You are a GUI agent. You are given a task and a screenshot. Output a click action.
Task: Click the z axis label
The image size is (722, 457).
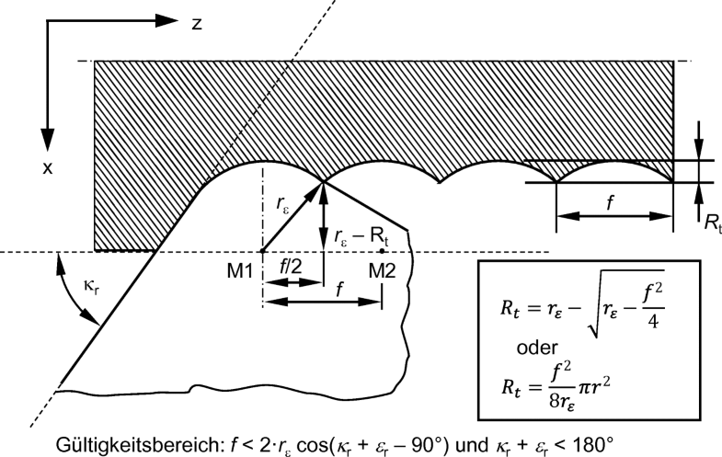[x=197, y=24]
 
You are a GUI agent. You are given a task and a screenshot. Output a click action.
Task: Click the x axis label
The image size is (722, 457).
[x=48, y=168]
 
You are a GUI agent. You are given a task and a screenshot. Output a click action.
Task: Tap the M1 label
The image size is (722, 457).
[x=240, y=271]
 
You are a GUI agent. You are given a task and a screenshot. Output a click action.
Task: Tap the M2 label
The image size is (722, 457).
[x=383, y=271]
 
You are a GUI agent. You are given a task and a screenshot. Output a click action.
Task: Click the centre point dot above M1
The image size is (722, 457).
[x=262, y=251]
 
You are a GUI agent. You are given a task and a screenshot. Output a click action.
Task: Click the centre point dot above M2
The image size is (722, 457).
[x=382, y=251]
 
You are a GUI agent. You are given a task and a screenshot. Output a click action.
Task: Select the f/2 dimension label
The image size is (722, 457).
[x=291, y=266]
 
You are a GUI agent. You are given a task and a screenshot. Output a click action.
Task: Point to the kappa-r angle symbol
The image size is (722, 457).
[x=91, y=287]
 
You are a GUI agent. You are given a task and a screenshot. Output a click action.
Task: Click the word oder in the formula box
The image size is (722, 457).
[x=537, y=348]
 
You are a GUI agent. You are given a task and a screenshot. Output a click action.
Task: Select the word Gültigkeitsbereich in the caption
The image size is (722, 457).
[x=141, y=445]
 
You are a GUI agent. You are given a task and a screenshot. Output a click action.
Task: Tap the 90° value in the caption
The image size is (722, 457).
[x=431, y=444]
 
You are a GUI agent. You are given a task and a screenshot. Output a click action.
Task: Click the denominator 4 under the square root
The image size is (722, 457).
[x=652, y=320]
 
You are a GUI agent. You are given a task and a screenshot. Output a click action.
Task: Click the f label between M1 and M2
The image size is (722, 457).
[x=339, y=290]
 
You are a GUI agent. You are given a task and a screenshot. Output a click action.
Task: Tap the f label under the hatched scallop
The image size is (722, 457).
[x=611, y=202]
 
